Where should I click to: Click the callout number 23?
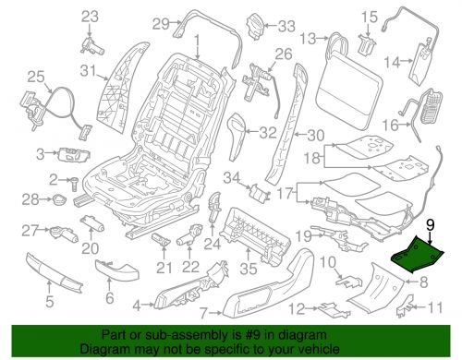(x=89, y=16)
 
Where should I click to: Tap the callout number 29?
(x=160, y=23)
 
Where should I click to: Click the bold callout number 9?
(x=428, y=247)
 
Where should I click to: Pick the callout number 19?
(x=304, y=234)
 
